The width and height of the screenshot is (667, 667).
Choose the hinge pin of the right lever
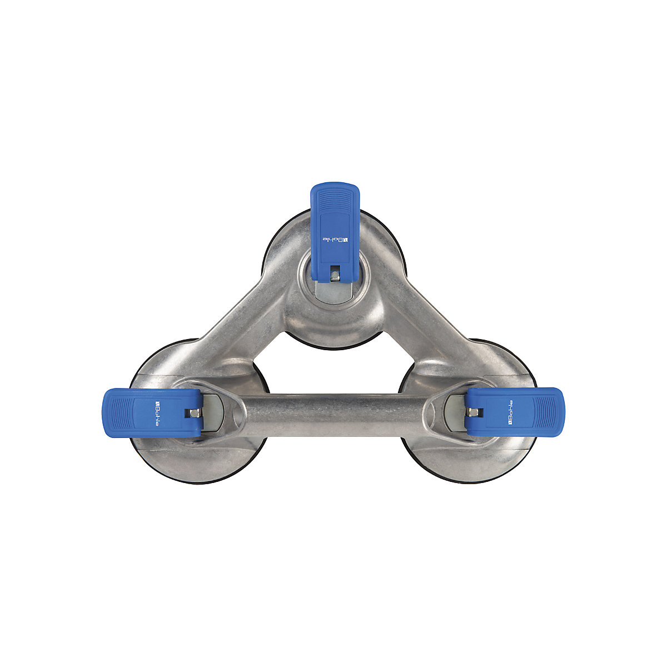(473, 412)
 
